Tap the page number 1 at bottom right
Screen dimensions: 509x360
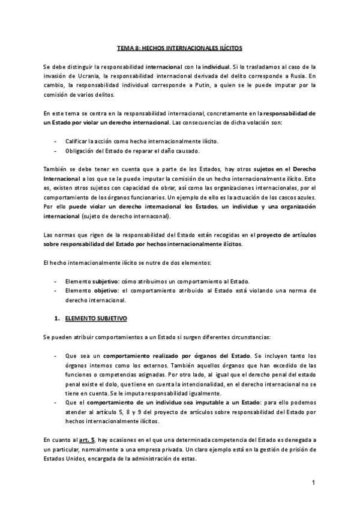314,483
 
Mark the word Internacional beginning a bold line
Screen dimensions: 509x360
61,179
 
